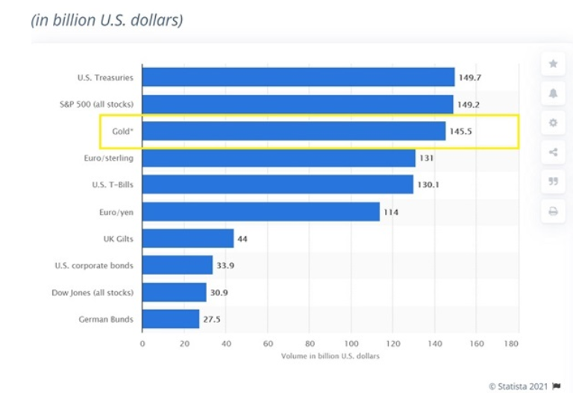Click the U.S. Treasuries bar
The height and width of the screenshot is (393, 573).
click(298, 77)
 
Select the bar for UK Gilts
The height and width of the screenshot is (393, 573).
click(187, 238)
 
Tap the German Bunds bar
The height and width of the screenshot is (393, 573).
click(170, 319)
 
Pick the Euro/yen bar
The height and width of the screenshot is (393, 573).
click(260, 211)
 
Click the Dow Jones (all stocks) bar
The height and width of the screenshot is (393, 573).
click(174, 292)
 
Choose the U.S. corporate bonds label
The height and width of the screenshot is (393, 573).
click(94, 265)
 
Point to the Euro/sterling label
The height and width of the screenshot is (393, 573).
click(110, 158)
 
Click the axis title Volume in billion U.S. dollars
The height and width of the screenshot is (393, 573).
click(330, 356)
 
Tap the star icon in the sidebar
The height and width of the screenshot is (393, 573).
click(554, 64)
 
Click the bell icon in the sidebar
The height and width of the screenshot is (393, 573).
click(554, 93)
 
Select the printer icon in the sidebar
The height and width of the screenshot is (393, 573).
click(554, 211)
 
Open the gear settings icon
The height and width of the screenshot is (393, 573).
click(554, 123)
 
